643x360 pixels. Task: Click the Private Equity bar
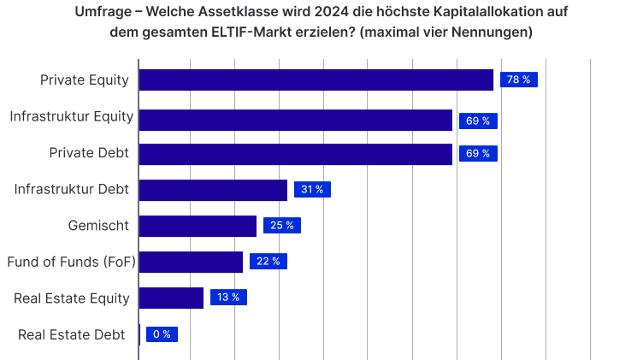click(x=316, y=80)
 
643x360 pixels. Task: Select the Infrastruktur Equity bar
click(x=295, y=121)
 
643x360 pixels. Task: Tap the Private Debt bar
click(x=295, y=154)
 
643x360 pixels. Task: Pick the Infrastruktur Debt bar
click(x=213, y=190)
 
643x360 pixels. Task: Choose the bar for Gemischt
click(x=198, y=226)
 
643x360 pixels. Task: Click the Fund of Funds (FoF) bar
click(x=191, y=262)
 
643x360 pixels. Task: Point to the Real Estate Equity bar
click(x=171, y=298)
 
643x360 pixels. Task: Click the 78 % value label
click(x=518, y=80)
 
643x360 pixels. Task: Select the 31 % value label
click(x=312, y=190)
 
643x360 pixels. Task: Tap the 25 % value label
click(x=281, y=226)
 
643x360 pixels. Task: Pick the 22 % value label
click(x=268, y=262)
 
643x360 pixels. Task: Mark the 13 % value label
click(x=228, y=298)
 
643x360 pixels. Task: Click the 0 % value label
click(x=162, y=334)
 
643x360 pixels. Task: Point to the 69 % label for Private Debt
click(x=477, y=154)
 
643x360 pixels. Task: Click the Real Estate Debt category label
click(x=72, y=334)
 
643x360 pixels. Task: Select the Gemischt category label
click(x=98, y=226)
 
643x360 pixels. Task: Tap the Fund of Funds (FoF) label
click(x=71, y=262)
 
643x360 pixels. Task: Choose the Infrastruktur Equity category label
click(x=71, y=116)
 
